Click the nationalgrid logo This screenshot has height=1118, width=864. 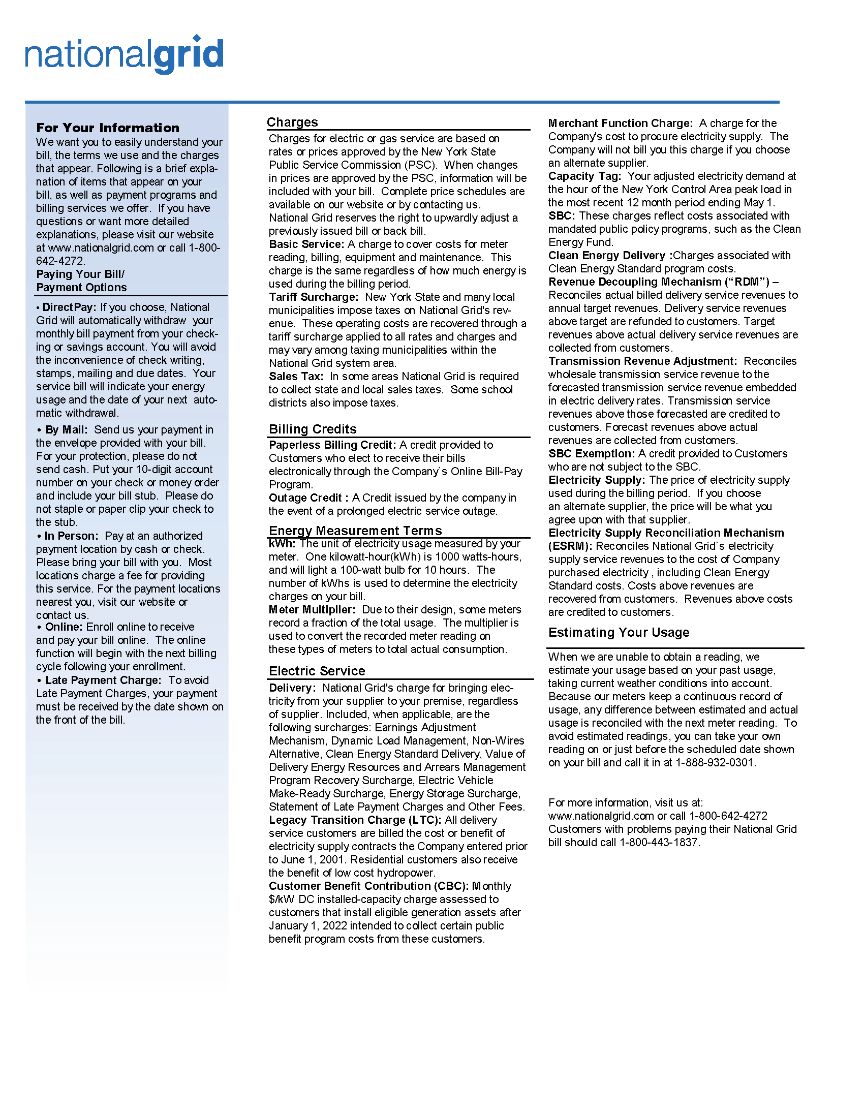point(125,55)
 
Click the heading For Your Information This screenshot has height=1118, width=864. point(107,128)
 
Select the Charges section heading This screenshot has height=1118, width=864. point(292,122)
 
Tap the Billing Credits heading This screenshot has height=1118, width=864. point(313,429)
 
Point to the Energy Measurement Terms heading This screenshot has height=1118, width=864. point(355,531)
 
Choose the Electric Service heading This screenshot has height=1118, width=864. point(317,671)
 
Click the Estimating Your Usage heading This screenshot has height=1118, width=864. point(619,632)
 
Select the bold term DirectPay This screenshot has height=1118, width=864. point(69,307)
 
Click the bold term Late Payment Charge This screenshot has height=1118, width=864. point(103,680)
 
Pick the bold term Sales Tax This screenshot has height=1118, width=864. point(296,376)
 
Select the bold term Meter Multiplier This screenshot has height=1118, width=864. point(312,609)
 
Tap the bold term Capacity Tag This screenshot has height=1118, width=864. point(584,176)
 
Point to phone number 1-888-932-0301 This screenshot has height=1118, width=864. point(715,762)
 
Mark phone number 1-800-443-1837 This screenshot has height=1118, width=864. point(659,842)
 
